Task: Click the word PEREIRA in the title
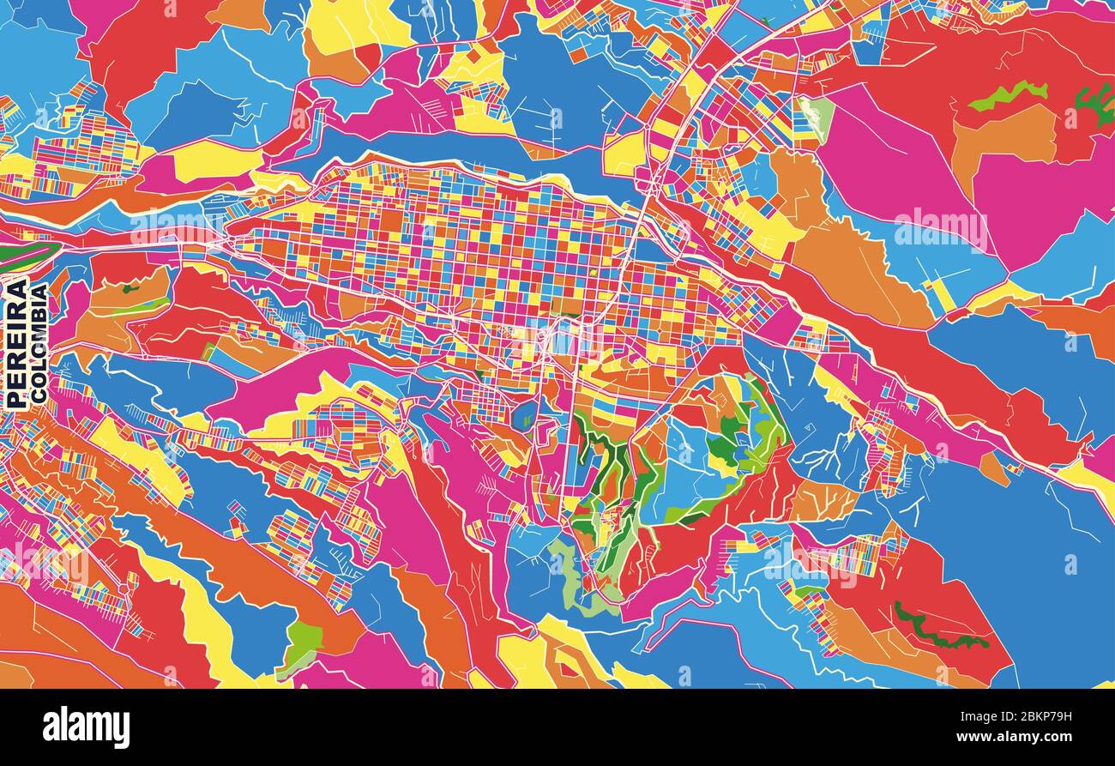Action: point(16,344)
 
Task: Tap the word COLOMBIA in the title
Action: point(39,344)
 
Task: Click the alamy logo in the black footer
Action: point(86,727)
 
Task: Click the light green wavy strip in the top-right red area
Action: point(1008,95)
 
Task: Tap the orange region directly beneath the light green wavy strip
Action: point(1003,137)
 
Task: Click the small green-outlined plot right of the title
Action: point(208,352)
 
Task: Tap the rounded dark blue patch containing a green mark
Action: point(524,415)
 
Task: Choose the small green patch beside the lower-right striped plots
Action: point(802,592)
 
